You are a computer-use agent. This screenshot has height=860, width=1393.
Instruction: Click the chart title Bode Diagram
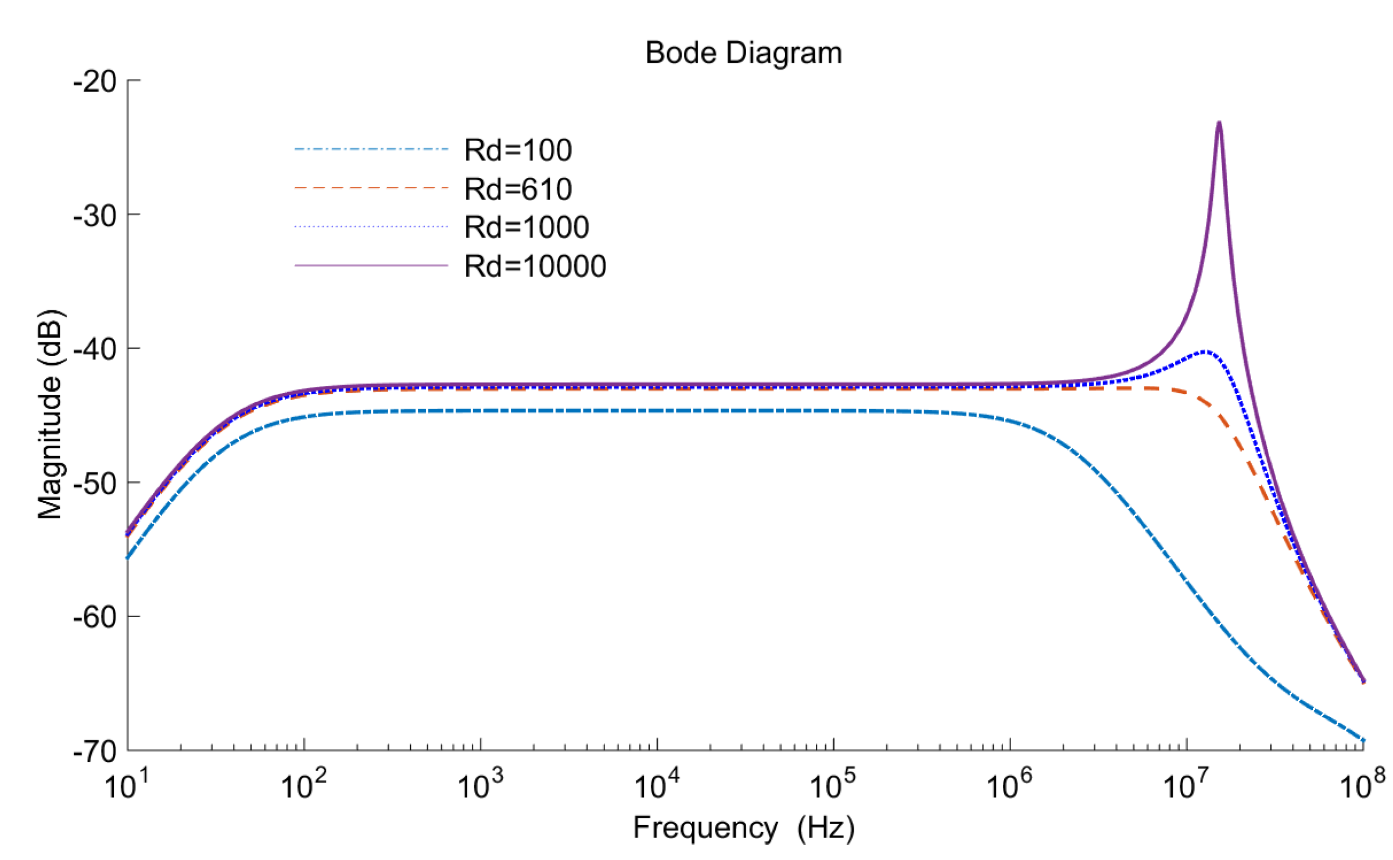(743, 53)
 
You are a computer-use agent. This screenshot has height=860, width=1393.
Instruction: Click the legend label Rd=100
(518, 150)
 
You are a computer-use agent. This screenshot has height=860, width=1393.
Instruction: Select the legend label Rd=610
(518, 189)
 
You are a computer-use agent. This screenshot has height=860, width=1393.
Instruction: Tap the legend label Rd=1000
(526, 227)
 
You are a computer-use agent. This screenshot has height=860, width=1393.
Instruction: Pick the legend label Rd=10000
(535, 266)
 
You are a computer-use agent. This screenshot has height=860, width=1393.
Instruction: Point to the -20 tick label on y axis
(95, 81)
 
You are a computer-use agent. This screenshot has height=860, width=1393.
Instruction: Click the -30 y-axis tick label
(95, 216)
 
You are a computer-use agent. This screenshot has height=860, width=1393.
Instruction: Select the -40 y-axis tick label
(95, 349)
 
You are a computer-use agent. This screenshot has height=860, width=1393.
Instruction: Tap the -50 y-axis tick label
(95, 483)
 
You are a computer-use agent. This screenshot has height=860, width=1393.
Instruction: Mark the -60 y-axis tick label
(95, 617)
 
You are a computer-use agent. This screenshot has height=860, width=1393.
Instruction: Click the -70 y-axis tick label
(95, 751)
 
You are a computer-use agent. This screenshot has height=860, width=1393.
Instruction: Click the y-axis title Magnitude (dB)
(49, 415)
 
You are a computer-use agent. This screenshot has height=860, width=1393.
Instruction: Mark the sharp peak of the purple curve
(1219, 123)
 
